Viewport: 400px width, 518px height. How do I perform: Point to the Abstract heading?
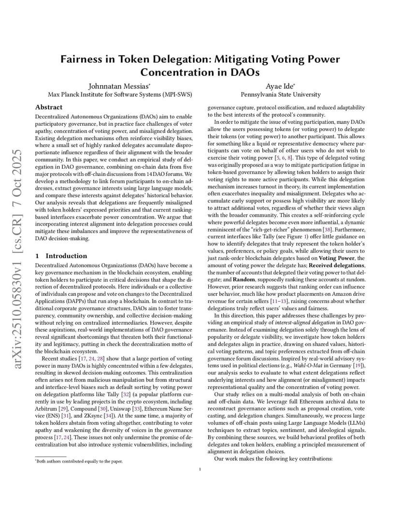click(x=49, y=107)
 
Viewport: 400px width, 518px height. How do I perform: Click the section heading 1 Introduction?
click(x=61, y=256)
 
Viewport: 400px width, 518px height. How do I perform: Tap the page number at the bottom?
click(x=200, y=468)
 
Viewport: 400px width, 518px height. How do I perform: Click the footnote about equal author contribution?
click(x=79, y=461)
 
